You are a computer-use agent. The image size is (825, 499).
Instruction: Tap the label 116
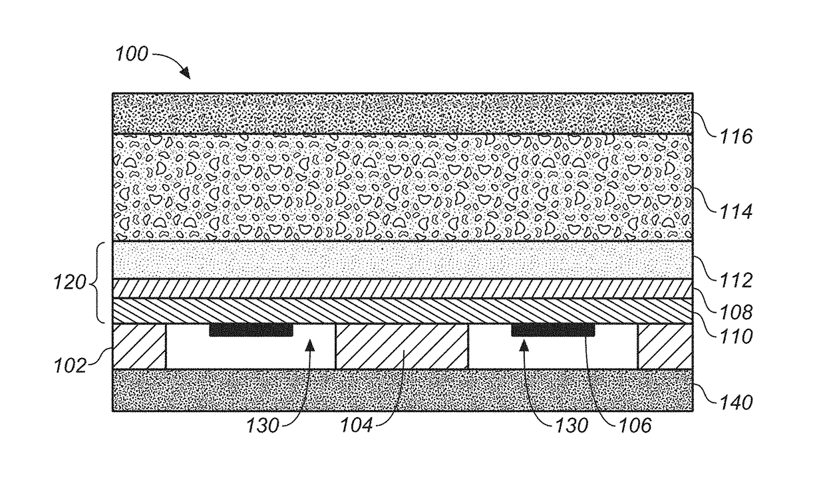coord(735,137)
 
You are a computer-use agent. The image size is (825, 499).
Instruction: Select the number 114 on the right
coord(735,212)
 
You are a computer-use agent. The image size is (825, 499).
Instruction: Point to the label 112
coord(735,281)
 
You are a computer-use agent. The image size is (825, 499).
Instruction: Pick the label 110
coord(735,337)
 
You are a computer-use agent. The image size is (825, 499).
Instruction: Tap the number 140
coord(735,402)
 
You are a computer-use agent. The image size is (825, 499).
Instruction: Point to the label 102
coord(71,365)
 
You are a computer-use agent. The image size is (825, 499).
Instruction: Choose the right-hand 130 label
coord(571,425)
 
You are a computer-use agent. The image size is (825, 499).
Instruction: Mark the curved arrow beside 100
coord(172,64)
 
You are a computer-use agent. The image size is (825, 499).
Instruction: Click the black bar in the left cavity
coord(251,330)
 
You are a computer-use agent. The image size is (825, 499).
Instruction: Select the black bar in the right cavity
coord(552,330)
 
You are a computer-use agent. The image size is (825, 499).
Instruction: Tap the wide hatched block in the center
coord(401,346)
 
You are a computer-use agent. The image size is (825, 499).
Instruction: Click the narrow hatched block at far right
coord(665,346)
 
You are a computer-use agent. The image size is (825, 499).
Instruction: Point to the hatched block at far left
coord(138,346)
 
